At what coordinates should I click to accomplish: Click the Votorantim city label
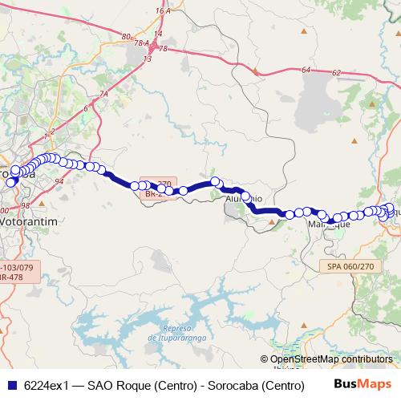30,217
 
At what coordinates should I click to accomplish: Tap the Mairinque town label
330,225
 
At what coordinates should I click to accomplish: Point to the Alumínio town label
244,197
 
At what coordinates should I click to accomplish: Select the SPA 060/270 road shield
351,265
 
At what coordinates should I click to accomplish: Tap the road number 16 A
165,11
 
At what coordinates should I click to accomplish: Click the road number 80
126,37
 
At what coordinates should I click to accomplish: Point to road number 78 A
141,43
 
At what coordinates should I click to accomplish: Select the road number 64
306,71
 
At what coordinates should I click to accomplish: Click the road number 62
336,73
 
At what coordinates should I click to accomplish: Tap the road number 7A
104,95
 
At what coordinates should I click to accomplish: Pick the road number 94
59,182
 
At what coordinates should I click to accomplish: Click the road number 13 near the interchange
148,59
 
